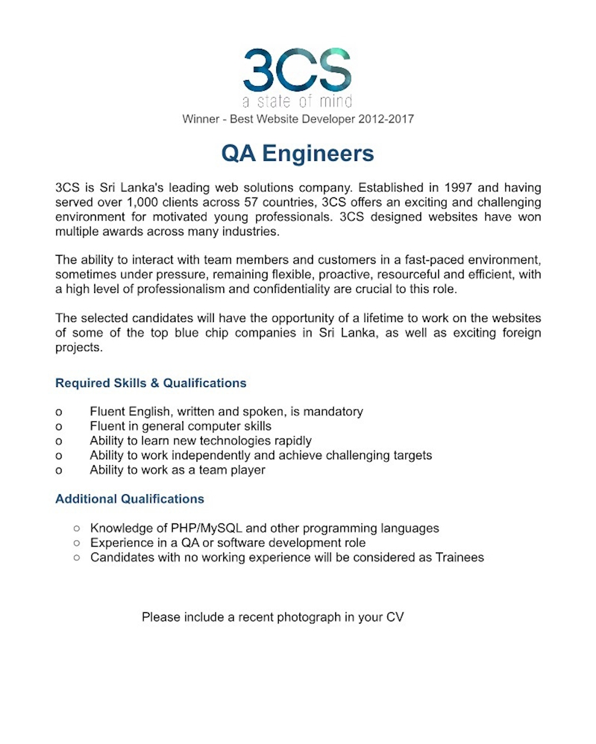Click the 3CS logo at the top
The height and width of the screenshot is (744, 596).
coord(297,70)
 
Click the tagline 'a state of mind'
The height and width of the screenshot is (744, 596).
coord(297,101)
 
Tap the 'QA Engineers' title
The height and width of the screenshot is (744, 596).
coord(297,154)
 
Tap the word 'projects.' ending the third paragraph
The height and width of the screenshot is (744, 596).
coord(79,347)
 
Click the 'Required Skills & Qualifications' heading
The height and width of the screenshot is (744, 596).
coord(150,383)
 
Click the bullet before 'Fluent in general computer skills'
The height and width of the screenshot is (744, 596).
coord(59,427)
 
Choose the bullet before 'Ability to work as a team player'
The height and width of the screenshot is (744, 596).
coord(59,470)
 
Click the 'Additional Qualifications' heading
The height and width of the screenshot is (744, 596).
coord(129,499)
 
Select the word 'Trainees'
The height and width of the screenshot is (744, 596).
coord(459,557)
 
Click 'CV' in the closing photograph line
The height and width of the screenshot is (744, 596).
coord(395,617)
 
